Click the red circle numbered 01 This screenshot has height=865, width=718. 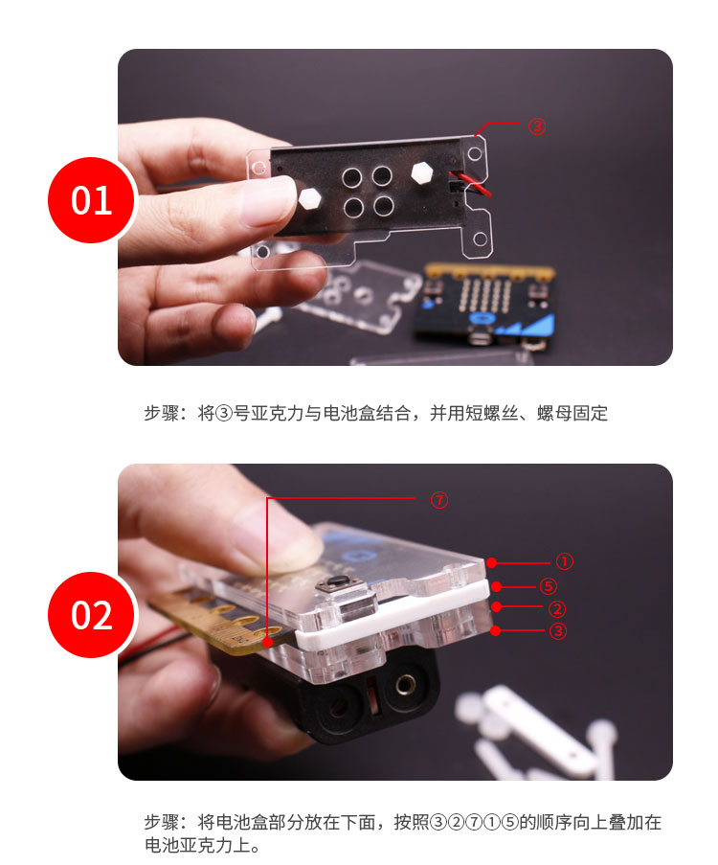(92, 199)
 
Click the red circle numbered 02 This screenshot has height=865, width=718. (92, 615)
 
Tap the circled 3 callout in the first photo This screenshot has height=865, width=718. (537, 126)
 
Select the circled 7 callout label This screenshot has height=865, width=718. (439, 500)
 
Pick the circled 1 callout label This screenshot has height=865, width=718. (564, 561)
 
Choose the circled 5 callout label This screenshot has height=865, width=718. (548, 586)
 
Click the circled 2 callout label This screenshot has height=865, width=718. (557, 608)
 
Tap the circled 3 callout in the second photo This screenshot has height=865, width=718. (557, 630)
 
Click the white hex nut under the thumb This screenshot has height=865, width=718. (309, 198)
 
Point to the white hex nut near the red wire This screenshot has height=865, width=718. (422, 172)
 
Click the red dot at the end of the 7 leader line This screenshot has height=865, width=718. (267, 642)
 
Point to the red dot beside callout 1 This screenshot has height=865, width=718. (492, 562)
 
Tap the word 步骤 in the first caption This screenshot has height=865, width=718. (162, 413)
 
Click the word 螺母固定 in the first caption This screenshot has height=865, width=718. (572, 413)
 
